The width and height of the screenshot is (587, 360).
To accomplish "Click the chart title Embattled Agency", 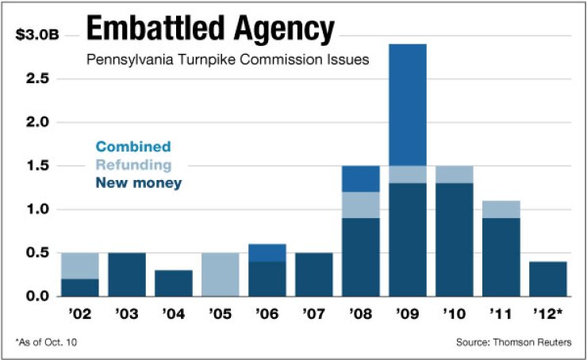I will pyautogui.click(x=209, y=30).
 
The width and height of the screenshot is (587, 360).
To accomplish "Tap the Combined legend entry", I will pyautogui.click(x=132, y=147).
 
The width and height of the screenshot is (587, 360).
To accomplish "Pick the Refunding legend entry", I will pyautogui.click(x=132, y=165).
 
